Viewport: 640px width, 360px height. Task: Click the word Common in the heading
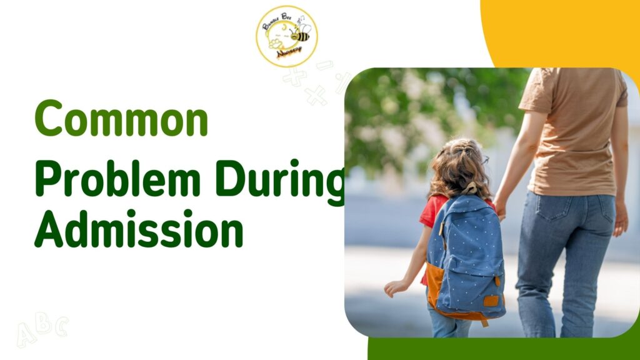pos(121,119)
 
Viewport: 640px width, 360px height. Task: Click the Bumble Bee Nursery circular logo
pos(286,36)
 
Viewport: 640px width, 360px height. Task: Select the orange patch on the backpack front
pos(435,284)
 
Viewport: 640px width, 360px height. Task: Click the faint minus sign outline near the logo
pos(324,65)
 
